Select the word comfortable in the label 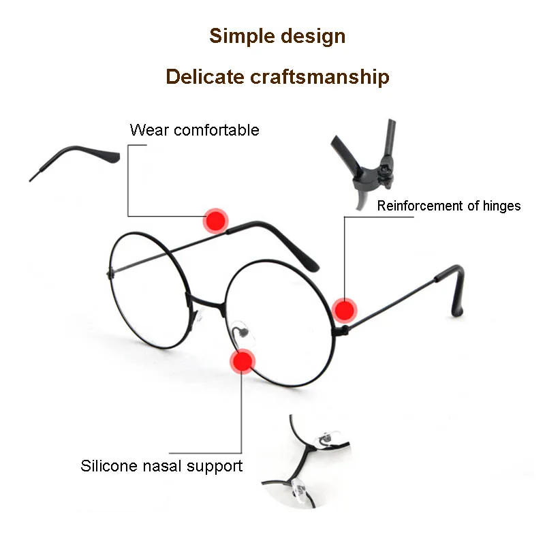[216, 129]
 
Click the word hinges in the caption [500, 206]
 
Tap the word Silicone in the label [108, 467]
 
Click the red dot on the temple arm [217, 221]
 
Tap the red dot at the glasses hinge [345, 311]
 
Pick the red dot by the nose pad [242, 361]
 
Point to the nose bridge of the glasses [204, 300]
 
